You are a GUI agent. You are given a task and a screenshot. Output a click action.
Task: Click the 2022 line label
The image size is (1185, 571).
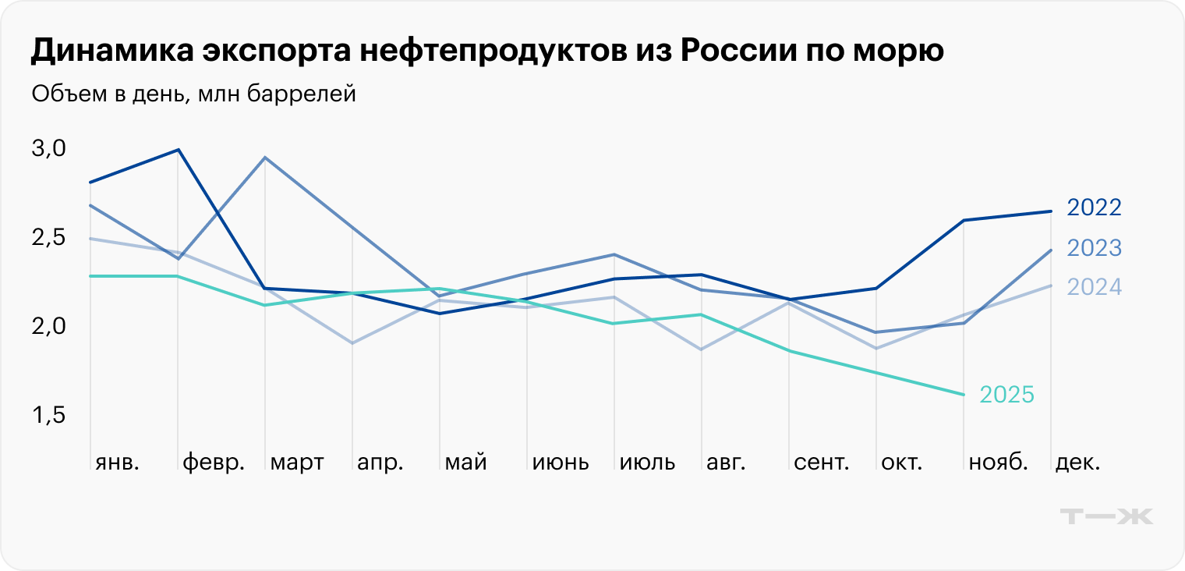[x=1094, y=207]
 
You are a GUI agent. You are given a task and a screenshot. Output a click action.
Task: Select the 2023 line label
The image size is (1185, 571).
[x=1094, y=248]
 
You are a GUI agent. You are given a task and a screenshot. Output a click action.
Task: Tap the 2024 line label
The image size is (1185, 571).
[x=1094, y=287]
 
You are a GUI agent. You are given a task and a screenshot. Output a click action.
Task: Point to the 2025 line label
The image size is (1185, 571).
[x=1006, y=395]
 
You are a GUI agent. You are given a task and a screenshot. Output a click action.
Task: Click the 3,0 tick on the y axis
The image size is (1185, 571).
[x=48, y=148]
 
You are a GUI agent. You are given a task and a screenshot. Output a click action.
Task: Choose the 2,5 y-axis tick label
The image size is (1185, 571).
[x=48, y=237]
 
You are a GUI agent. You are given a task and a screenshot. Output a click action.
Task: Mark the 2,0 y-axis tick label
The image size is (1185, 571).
[x=48, y=326]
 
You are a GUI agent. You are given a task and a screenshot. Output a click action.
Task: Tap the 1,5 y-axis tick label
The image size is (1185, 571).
[x=48, y=416]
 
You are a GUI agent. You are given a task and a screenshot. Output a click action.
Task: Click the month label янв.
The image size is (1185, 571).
[x=117, y=463]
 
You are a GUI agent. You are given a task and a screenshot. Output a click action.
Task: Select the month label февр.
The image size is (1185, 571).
[x=214, y=463]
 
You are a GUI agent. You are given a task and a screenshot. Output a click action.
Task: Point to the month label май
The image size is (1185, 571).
[x=465, y=463]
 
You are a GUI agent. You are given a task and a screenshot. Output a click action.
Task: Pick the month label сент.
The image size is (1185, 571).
[x=822, y=463]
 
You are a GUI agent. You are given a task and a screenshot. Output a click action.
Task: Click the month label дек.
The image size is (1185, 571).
[x=1077, y=463]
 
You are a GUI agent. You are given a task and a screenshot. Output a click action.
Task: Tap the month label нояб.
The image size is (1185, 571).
[x=998, y=463]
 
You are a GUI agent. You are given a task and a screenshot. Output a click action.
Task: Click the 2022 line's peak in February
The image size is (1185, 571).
[x=179, y=149]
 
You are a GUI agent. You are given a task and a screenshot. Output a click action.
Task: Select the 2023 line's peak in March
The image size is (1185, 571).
[x=266, y=158]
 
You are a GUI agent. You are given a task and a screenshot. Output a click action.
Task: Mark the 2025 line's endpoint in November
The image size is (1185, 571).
[x=964, y=395]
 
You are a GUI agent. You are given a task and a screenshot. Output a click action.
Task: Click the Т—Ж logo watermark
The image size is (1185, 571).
[x=1107, y=516]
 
